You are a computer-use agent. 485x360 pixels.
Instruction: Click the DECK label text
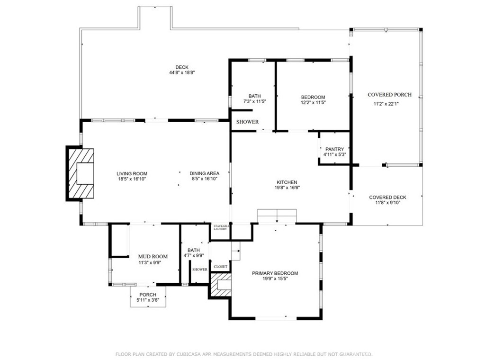182,67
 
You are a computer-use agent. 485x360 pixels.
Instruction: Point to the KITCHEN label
287,182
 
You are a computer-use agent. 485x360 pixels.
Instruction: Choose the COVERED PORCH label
389,95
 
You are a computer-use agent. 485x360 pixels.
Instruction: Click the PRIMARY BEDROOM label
275,273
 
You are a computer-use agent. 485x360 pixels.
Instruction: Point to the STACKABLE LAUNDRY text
221,227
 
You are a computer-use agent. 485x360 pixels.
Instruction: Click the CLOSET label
221,267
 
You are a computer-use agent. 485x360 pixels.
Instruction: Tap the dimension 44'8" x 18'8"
182,72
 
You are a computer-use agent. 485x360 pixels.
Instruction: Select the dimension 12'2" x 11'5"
313,102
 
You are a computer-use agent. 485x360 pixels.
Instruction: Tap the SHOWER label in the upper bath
247,122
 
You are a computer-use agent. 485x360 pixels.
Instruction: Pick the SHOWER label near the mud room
199,270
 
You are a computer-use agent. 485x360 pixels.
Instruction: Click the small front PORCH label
147,295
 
